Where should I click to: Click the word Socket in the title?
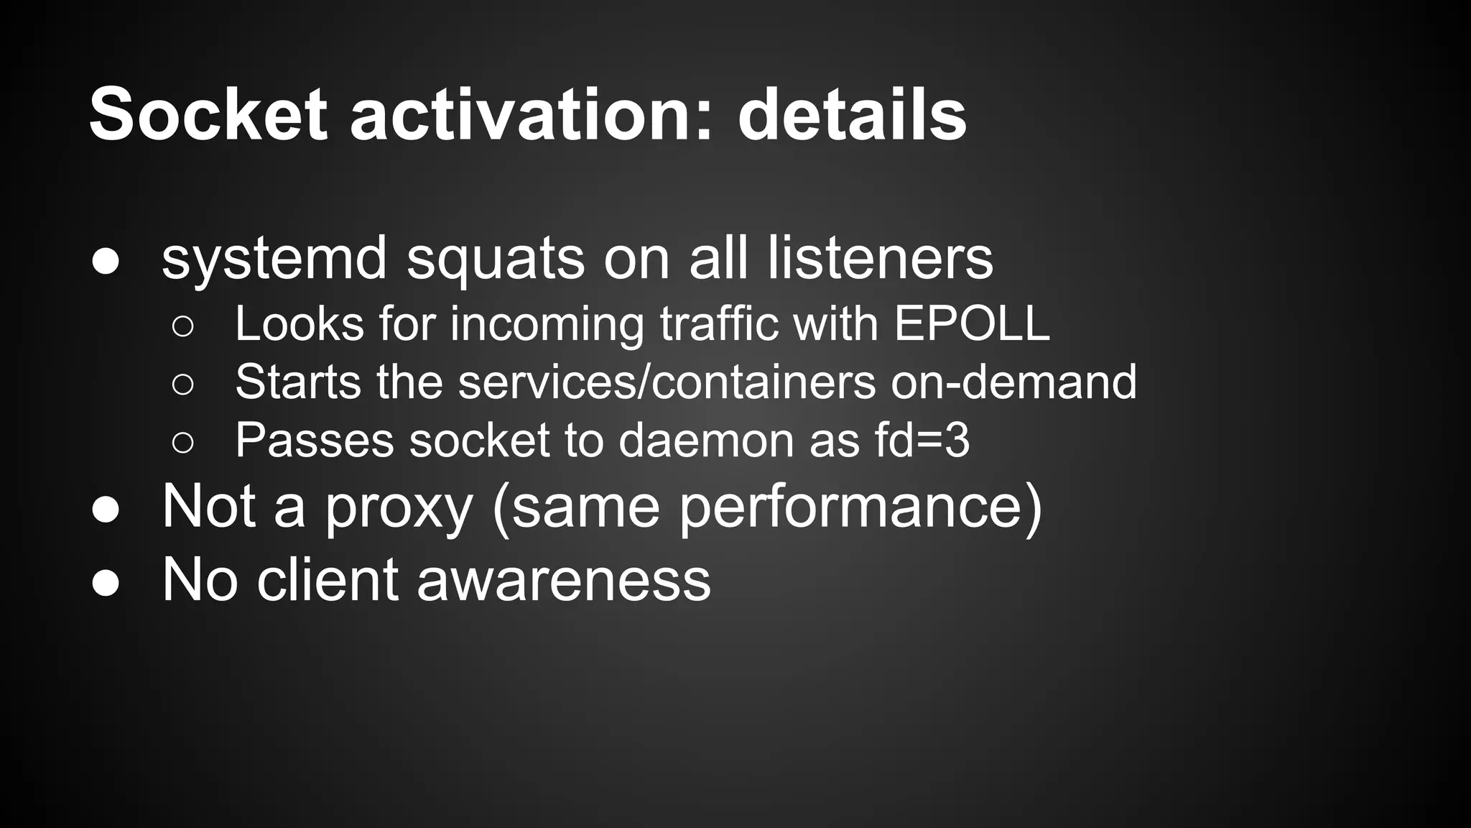click(x=208, y=115)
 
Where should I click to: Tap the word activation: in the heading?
click(x=532, y=115)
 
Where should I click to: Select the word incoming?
click(x=547, y=325)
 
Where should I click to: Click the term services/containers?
click(x=667, y=382)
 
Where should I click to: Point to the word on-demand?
click(x=1013, y=382)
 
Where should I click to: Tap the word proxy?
click(x=399, y=507)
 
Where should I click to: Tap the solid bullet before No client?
click(x=106, y=583)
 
